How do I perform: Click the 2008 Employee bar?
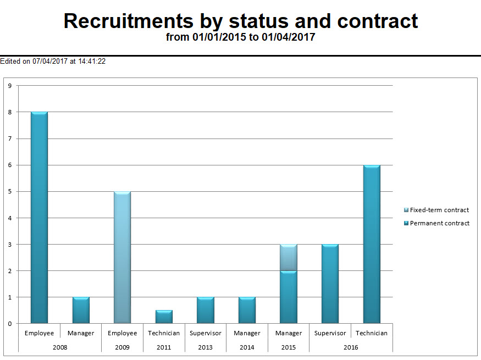pyautogui.click(x=39, y=217)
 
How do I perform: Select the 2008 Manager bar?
pyautogui.click(x=81, y=310)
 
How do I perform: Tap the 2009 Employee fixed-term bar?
pyautogui.click(x=122, y=257)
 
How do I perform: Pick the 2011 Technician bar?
pyautogui.click(x=164, y=317)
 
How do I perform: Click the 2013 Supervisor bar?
pyautogui.click(x=206, y=310)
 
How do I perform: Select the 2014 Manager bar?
pyautogui.click(x=247, y=310)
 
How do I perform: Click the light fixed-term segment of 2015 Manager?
pyautogui.click(x=289, y=257)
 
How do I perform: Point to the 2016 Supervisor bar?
pyautogui.click(x=330, y=284)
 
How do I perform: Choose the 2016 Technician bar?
pyautogui.click(x=372, y=244)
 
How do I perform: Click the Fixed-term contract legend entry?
pyautogui.click(x=439, y=210)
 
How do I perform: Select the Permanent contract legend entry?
pyautogui.click(x=439, y=223)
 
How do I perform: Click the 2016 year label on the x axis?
pyautogui.click(x=351, y=347)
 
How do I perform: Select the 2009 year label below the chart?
pyautogui.click(x=122, y=347)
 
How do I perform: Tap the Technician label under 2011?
pyautogui.click(x=164, y=333)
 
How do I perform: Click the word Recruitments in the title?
pyautogui.click(x=128, y=21)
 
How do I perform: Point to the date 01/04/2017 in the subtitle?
pyautogui.click(x=289, y=37)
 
